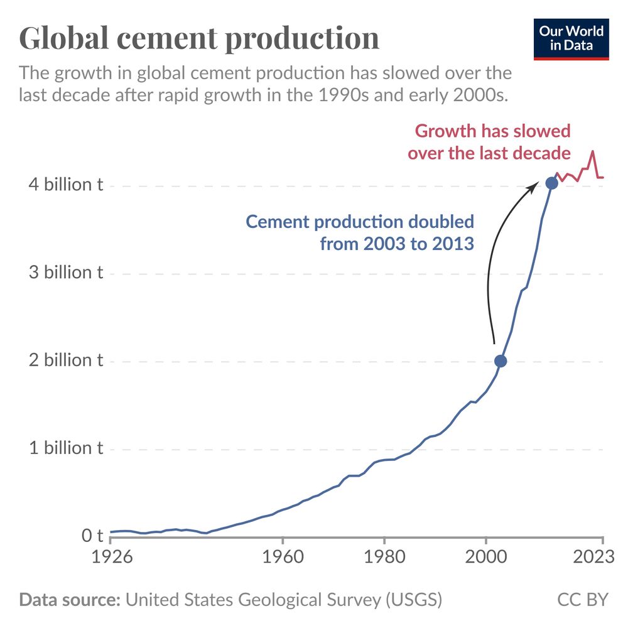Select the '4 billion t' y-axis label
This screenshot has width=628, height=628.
click(61, 185)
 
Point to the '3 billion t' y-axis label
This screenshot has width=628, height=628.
click(61, 273)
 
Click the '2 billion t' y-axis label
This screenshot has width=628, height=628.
click(61, 360)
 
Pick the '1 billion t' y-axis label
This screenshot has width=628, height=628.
click(61, 448)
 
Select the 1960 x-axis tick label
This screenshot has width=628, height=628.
click(283, 557)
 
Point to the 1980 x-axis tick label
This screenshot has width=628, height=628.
click(384, 557)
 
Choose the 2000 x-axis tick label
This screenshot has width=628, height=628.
click(486, 557)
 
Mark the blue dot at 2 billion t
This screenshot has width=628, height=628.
click(501, 361)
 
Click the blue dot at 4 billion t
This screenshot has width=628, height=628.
click(551, 183)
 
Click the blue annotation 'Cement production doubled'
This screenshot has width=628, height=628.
click(360, 222)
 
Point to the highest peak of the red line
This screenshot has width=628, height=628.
click(592, 151)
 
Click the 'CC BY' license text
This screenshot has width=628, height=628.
click(583, 599)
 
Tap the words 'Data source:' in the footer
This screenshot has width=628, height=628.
click(70, 599)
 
